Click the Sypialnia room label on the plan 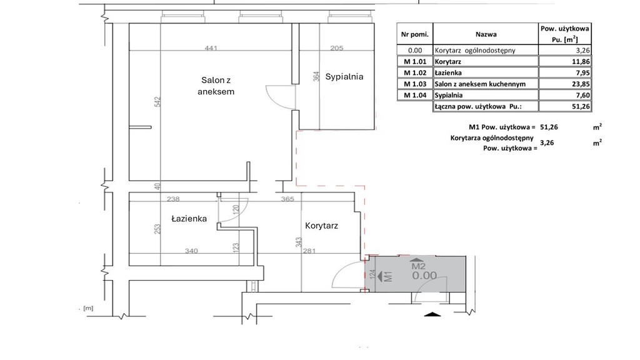(344, 77)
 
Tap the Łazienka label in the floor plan (189, 219)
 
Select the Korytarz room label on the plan (322, 226)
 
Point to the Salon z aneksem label (216, 86)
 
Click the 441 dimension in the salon (211, 48)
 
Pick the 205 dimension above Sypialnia (337, 48)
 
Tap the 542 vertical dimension (158, 102)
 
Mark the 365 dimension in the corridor (287, 199)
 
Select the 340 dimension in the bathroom (191, 251)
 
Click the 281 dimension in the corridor (309, 251)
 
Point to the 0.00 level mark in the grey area (424, 276)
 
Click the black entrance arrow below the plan (433, 314)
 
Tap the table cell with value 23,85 (565, 84)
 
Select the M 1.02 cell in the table (415, 72)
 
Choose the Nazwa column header (486, 34)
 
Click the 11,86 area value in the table (565, 62)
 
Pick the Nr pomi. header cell (415, 34)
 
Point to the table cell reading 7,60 (565, 95)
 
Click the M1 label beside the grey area (388, 276)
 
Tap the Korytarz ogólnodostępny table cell (486, 50)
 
